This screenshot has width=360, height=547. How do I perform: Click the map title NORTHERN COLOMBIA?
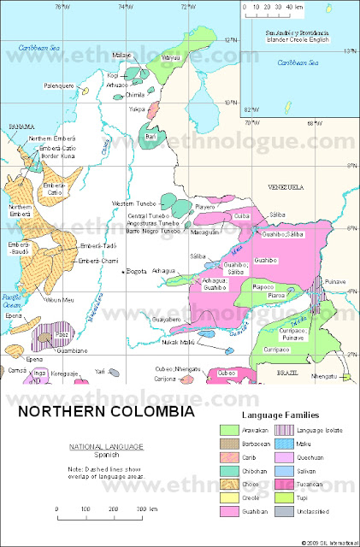[x=106, y=411]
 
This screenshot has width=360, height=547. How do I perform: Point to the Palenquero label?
[x=61, y=85]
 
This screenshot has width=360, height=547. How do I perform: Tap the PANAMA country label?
[x=21, y=126]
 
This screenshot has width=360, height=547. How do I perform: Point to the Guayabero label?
[x=144, y=319]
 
